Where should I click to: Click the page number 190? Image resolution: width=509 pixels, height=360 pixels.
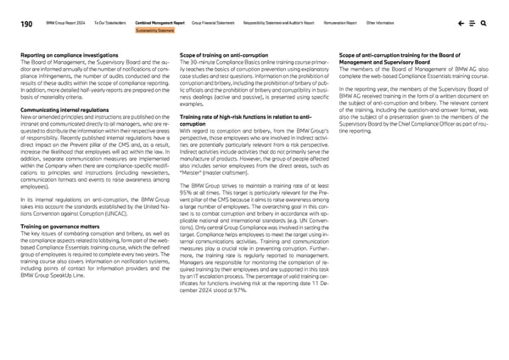point(28,25)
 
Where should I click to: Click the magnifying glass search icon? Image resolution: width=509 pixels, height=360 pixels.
point(482,25)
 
